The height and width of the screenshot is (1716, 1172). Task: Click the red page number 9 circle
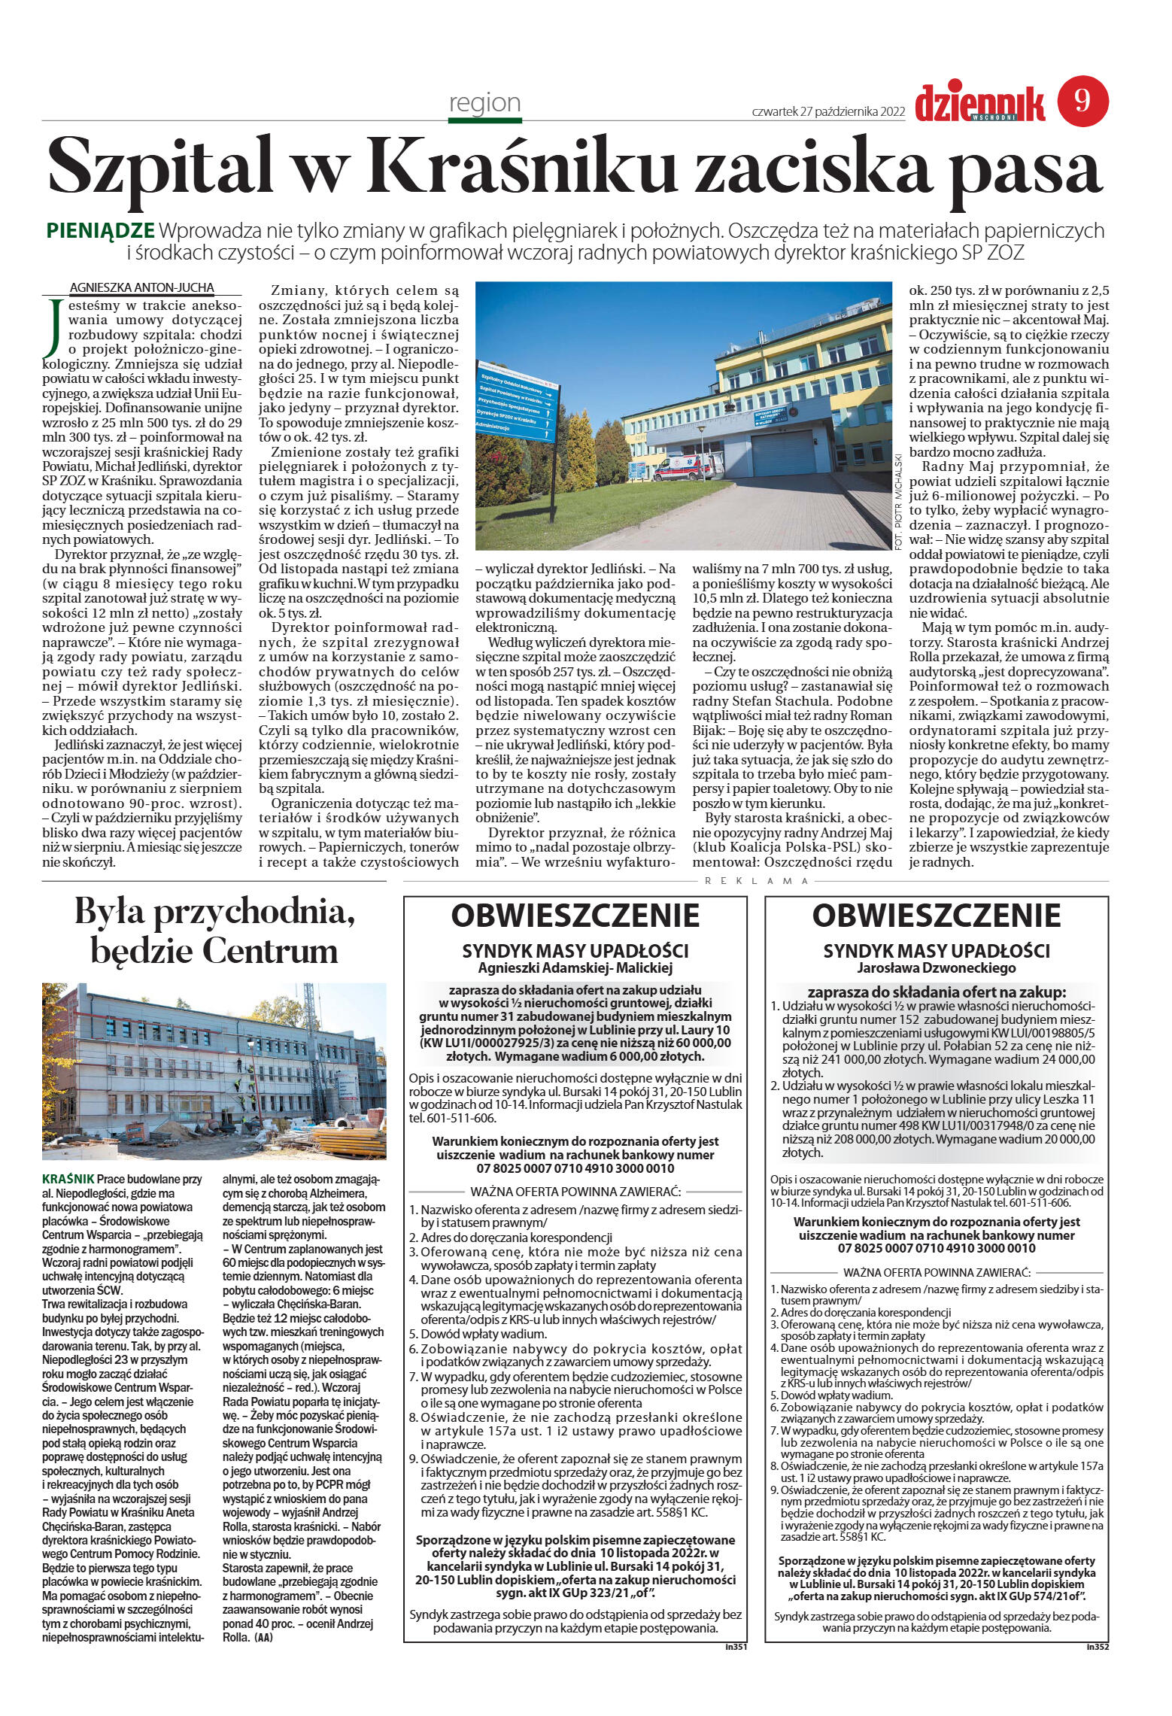point(1082,100)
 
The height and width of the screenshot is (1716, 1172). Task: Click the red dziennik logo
point(979,104)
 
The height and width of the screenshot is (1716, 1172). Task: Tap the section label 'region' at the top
point(484,102)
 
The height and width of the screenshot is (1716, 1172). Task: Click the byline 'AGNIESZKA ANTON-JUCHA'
point(142,287)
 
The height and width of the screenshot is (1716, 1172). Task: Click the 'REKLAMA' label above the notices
point(749,880)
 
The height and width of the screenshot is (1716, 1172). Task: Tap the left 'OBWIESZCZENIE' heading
point(575,916)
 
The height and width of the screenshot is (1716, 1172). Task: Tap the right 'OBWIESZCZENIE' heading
point(937,916)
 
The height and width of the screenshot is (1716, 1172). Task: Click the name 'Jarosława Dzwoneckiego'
point(937,967)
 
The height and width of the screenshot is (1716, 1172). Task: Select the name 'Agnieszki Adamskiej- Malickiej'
point(575,967)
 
